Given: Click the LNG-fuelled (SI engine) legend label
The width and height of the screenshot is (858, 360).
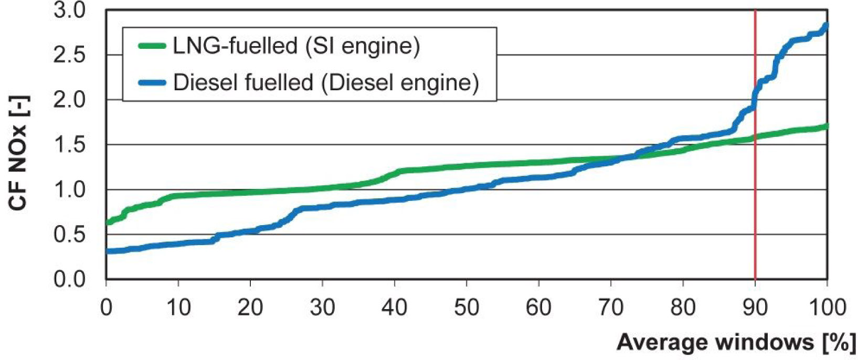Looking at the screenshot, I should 296,46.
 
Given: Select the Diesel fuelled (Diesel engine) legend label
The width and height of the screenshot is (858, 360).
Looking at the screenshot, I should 325,83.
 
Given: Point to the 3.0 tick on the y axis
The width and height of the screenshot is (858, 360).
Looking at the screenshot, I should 70,10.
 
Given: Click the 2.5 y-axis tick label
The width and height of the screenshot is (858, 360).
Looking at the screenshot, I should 70,55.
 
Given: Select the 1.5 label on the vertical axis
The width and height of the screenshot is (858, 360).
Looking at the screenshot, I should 70,145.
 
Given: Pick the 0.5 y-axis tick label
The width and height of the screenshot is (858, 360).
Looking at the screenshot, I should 70,235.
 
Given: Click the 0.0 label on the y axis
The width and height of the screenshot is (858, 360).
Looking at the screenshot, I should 70,279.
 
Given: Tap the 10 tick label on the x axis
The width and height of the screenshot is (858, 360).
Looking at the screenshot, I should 178,307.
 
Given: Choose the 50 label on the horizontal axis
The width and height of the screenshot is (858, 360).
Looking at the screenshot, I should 467,307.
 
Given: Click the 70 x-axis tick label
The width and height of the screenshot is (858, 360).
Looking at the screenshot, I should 611,307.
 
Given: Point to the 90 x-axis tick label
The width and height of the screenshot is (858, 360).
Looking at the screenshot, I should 755,307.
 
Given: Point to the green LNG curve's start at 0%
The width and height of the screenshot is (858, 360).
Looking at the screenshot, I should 108,222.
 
